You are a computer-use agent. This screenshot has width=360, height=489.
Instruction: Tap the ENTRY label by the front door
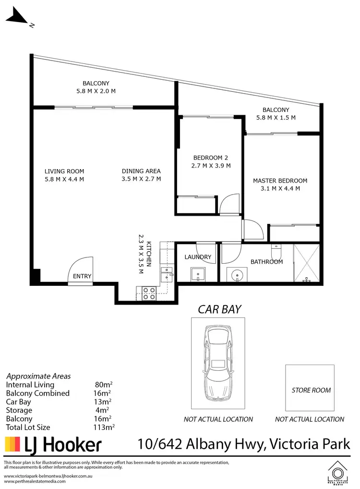pos(82,276)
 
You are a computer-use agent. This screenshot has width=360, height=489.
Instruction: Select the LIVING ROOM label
pos(64,171)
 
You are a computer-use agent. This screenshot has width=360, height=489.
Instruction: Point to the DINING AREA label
pos(141,171)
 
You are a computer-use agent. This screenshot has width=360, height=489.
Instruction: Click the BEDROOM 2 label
pos(210,158)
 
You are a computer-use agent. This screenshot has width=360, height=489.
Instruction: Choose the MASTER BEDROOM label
pos(280,181)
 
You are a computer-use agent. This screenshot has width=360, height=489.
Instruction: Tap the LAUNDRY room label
pos(198,257)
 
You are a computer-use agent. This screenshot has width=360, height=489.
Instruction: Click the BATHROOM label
pos(266,262)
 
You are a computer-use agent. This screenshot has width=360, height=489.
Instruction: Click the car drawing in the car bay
pos(218,364)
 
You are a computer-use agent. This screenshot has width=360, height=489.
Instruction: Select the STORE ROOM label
pos(311,391)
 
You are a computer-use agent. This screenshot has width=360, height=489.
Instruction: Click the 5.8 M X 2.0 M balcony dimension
pos(96,91)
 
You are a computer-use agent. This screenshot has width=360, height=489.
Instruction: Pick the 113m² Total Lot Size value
pos(105,427)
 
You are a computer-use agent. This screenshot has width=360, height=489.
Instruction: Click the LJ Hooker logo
pos(53,444)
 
